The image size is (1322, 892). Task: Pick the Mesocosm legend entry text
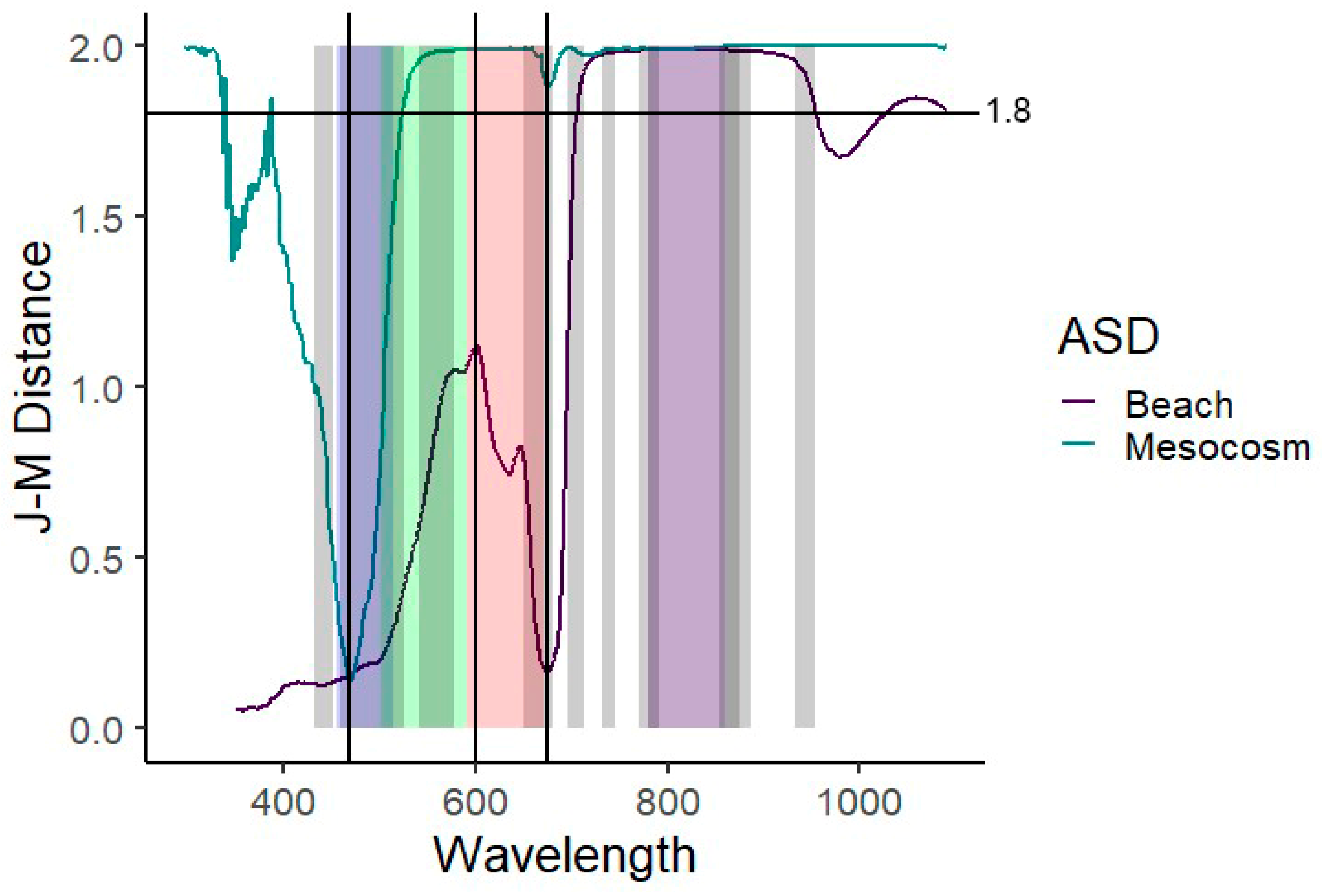[1217, 449]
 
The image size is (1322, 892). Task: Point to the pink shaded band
[495, 227]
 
